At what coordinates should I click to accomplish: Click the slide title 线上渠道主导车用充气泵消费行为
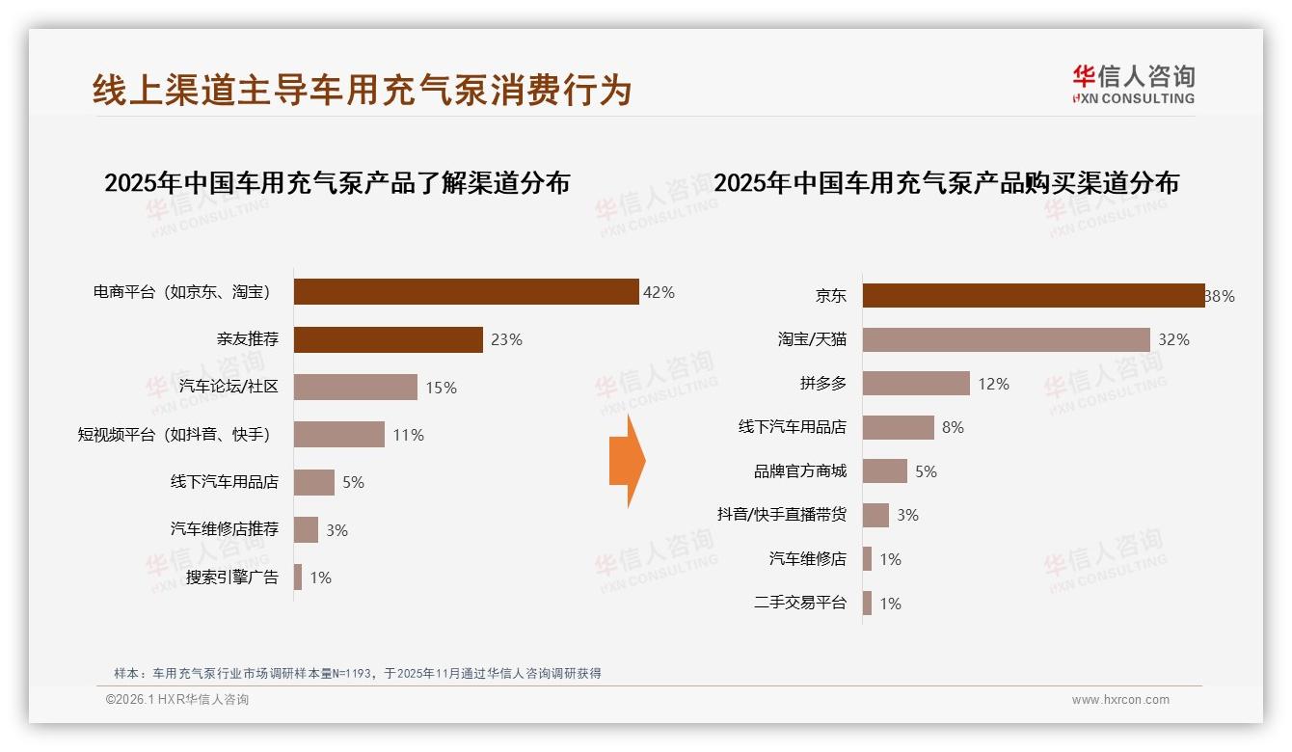pyautogui.click(x=362, y=90)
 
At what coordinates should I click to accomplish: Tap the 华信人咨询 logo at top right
pyautogui.click(x=1133, y=85)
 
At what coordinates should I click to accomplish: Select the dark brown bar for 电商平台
pyautogui.click(x=466, y=292)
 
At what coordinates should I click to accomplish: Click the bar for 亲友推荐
pyautogui.click(x=388, y=339)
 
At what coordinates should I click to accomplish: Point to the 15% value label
pyautogui.click(x=441, y=388)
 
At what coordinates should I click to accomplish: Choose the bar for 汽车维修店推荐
pyautogui.click(x=306, y=529)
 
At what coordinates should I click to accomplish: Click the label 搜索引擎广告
pyautogui.click(x=232, y=577)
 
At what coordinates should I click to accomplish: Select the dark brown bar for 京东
pyautogui.click(x=1033, y=296)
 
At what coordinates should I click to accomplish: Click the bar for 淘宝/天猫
pyautogui.click(x=1006, y=339)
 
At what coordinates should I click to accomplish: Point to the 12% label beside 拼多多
pyautogui.click(x=993, y=384)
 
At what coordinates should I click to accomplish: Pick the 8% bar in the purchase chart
pyautogui.click(x=898, y=427)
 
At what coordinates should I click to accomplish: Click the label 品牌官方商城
pyautogui.click(x=799, y=471)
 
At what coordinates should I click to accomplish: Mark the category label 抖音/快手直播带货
pyautogui.click(x=781, y=515)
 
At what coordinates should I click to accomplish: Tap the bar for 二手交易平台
pyautogui.click(x=867, y=603)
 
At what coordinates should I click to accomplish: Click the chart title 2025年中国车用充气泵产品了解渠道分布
pyautogui.click(x=336, y=183)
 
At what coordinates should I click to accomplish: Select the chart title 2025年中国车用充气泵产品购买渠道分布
pyautogui.click(x=946, y=183)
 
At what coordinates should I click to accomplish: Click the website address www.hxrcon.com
pyautogui.click(x=1119, y=700)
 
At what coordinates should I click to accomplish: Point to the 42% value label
pyautogui.click(x=659, y=292)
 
